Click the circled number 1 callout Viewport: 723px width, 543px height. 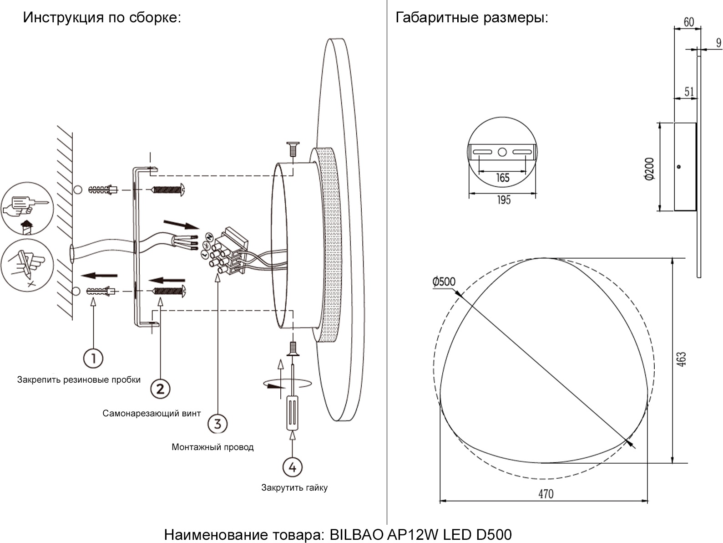[x=93, y=358]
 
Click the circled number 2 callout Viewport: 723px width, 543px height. [x=160, y=389]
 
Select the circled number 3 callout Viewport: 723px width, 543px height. [x=217, y=424]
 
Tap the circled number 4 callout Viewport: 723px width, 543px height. [x=292, y=467]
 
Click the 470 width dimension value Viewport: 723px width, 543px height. [x=546, y=494]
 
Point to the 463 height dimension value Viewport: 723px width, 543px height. [x=681, y=359]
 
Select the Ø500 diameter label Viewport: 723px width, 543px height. [x=444, y=282]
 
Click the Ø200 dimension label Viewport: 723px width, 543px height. [x=649, y=169]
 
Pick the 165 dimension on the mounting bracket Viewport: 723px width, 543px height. [x=502, y=178]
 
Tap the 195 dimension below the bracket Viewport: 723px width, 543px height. [x=504, y=200]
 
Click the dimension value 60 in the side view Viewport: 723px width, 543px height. [x=689, y=22]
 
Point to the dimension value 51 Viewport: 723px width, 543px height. [x=689, y=92]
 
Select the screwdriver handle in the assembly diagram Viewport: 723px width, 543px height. [x=292, y=413]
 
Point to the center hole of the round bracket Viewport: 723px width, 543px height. [x=502, y=152]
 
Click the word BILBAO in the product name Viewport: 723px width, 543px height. [x=356, y=534]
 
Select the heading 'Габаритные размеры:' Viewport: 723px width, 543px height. [x=472, y=18]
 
